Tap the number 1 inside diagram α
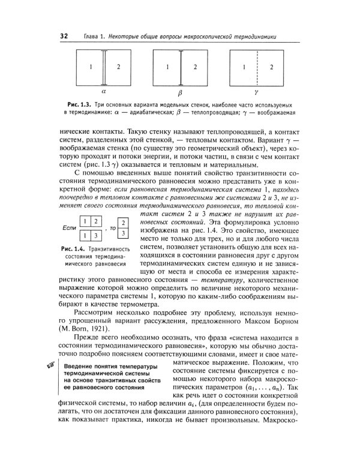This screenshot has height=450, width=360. pyautogui.click(x=91, y=67)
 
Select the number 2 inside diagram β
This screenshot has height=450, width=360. pyautogui.click(x=196, y=67)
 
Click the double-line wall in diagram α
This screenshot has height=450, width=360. pyautogui.click(x=105, y=67)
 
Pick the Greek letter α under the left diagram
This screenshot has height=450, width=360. pyautogui.click(x=104, y=93)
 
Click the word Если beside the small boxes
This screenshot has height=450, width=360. pyautogui.click(x=70, y=229)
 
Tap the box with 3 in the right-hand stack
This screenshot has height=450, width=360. pyautogui.click(x=123, y=233)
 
